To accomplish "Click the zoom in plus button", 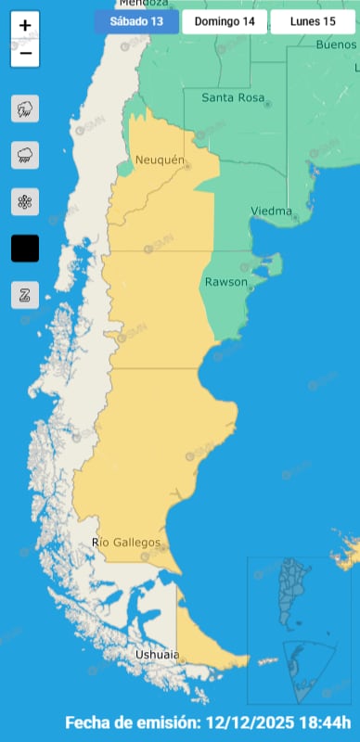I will tap(25, 26).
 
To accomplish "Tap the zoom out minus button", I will tap(25, 54).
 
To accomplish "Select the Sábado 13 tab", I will tap(135, 20).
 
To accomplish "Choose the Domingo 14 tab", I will tap(222, 20).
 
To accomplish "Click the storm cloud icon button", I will tap(25, 109).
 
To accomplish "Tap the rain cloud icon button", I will tap(25, 156).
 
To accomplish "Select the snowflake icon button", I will tap(25, 201).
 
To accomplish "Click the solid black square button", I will tap(25, 249).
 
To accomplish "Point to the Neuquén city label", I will tap(161, 160).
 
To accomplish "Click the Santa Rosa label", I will tap(233, 96).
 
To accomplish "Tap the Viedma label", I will tap(271, 211).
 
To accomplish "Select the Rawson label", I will tap(225, 282).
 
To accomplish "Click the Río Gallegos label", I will tap(127, 543).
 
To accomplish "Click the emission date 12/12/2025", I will tap(247, 722).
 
